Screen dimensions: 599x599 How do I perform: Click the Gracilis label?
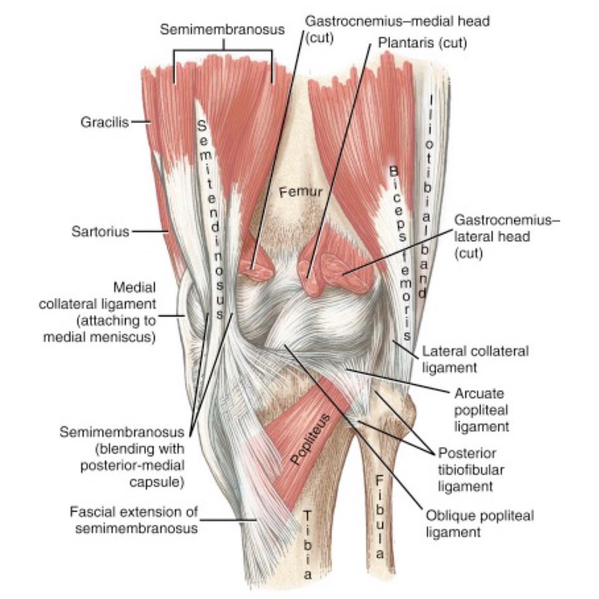(x=105, y=122)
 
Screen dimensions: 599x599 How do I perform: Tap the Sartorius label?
(x=100, y=231)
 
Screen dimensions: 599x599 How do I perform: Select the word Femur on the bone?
(x=301, y=192)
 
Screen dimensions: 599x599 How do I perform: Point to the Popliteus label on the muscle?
(x=310, y=439)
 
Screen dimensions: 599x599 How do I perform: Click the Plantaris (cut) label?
(x=422, y=43)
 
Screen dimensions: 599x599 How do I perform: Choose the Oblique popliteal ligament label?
(x=479, y=524)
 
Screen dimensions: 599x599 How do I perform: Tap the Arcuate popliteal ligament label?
(x=481, y=410)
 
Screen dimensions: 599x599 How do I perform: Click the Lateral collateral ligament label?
(x=475, y=359)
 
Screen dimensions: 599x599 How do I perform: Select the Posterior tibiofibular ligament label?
(x=470, y=469)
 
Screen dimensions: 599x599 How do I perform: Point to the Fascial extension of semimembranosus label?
(x=134, y=520)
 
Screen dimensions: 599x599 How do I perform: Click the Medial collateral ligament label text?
(x=98, y=312)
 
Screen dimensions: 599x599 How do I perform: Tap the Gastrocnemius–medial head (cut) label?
(x=397, y=29)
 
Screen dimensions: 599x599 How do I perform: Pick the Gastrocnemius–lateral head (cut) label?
(x=507, y=236)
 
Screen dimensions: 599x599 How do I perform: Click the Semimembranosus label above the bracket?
(x=222, y=29)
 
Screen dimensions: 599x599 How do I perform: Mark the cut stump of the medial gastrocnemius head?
(x=256, y=270)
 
